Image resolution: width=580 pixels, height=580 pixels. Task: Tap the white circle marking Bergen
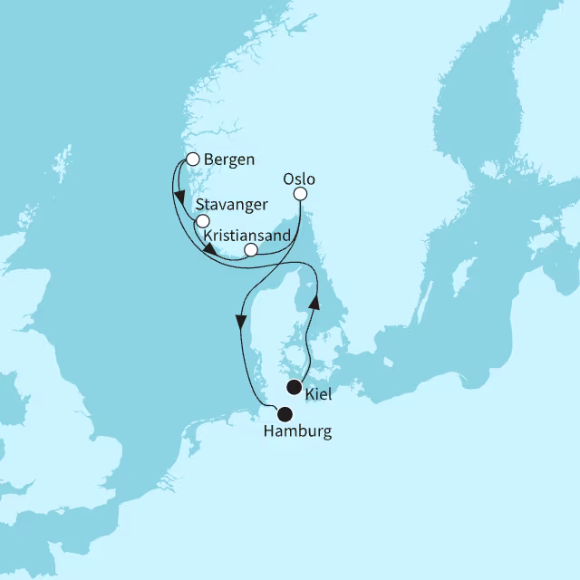tap(192, 160)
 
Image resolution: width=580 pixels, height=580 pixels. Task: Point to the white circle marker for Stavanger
tap(203, 221)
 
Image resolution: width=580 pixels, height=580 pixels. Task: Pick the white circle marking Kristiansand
tap(251, 249)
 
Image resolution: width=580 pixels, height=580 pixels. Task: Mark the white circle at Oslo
tap(301, 194)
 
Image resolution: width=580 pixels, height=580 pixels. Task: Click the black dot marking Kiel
tap(294, 387)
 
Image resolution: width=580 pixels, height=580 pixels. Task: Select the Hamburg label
tap(296, 432)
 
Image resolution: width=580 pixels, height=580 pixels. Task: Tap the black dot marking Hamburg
tap(285, 415)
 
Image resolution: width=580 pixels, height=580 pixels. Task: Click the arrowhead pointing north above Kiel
tap(314, 300)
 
